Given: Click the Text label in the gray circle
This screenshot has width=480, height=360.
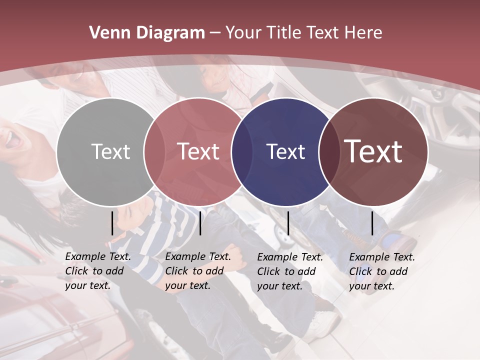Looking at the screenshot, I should pos(110,151).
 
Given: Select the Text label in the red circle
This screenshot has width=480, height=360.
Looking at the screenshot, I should pos(198,151).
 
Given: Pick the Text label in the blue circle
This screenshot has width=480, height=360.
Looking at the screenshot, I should pos(285,151).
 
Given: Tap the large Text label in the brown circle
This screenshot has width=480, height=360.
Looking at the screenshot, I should pos(373,151).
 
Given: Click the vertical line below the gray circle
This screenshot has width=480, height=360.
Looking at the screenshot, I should pos(112,223).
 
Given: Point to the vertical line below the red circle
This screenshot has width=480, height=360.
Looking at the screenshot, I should pos(200,223).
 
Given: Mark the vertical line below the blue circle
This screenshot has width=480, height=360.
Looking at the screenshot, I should pos(288,223).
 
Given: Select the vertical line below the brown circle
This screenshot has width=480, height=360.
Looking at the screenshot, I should pos(372,223).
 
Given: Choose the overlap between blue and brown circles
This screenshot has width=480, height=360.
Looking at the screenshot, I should pos(329,151).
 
